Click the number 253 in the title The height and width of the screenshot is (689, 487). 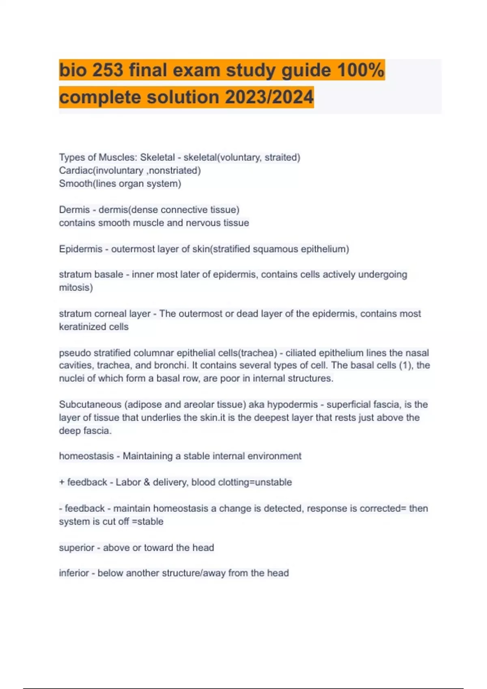[108, 70]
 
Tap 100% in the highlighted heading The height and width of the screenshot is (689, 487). [360, 70]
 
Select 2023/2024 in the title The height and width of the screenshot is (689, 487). [269, 97]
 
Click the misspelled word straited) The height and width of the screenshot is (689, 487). [282, 157]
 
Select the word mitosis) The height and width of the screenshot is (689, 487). [76, 288]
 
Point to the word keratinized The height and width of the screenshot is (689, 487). [82, 327]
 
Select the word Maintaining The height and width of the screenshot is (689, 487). [147, 456]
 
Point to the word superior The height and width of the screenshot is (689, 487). [76, 548]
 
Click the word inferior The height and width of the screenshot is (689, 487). [74, 573]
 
